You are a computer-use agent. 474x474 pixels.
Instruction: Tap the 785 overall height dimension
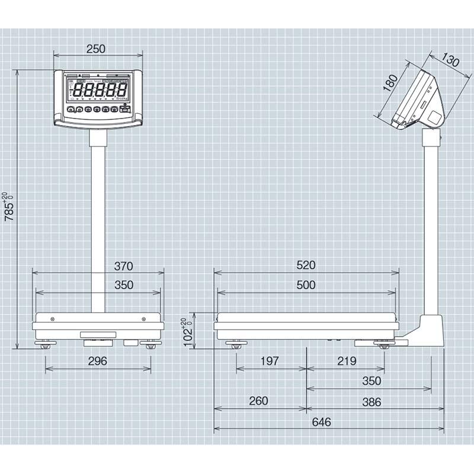8,207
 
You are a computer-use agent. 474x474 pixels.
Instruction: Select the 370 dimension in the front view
123,265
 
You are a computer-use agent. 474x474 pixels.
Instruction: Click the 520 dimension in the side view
306,265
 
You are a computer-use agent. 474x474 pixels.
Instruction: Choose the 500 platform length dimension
306,285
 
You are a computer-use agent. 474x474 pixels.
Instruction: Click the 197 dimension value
271,361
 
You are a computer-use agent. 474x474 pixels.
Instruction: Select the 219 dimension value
346,361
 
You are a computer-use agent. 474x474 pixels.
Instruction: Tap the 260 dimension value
258,401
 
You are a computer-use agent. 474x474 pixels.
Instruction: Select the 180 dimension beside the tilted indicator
390,83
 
